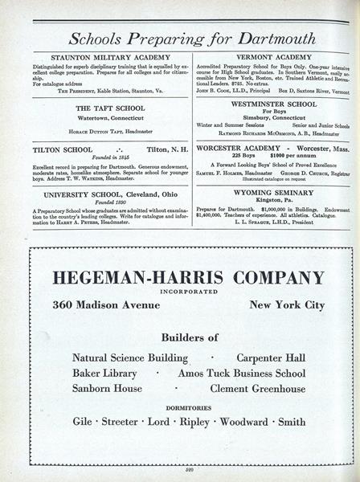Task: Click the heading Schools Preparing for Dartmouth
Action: tap(181, 38)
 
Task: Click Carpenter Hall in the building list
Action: tap(268, 357)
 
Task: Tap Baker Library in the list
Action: tap(104, 374)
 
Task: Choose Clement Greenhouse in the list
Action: tap(257, 389)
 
